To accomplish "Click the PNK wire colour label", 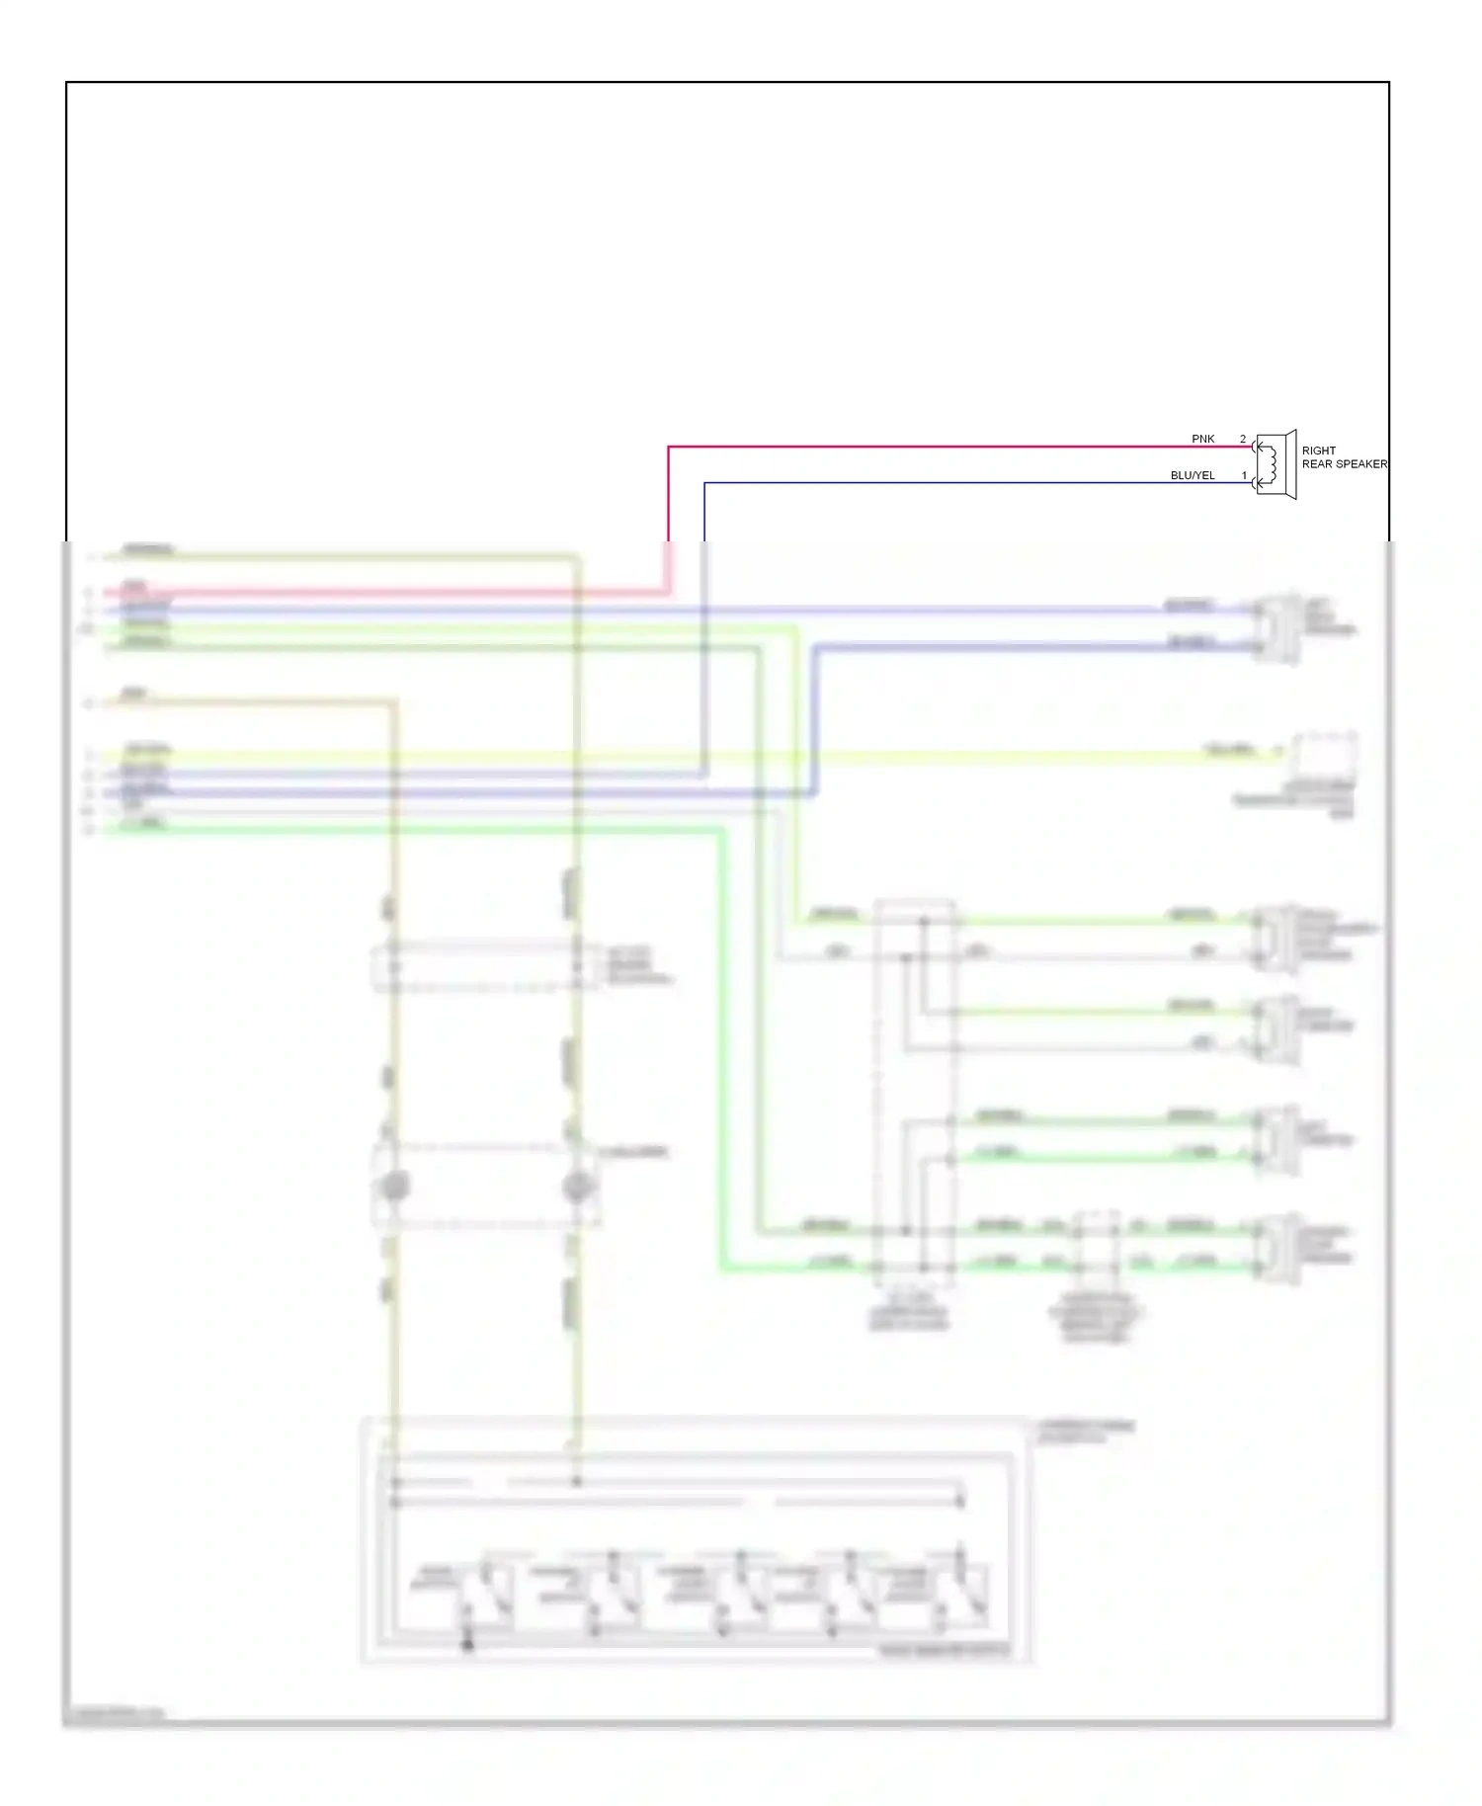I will [1202, 439].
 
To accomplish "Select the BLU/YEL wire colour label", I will [1193, 475].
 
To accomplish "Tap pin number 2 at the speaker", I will [1243, 439].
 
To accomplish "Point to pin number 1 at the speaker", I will [1244, 475].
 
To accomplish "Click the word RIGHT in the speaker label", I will [1318, 451].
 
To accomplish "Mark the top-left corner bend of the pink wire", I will [669, 447].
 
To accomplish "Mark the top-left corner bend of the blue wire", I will [704, 483].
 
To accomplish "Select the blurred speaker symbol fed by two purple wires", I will [1277, 627].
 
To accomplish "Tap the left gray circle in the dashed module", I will [395, 1187].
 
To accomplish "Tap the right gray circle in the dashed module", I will [577, 1187].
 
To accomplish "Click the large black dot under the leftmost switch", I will [467, 1645].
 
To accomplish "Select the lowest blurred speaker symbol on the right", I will [1277, 1249].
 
